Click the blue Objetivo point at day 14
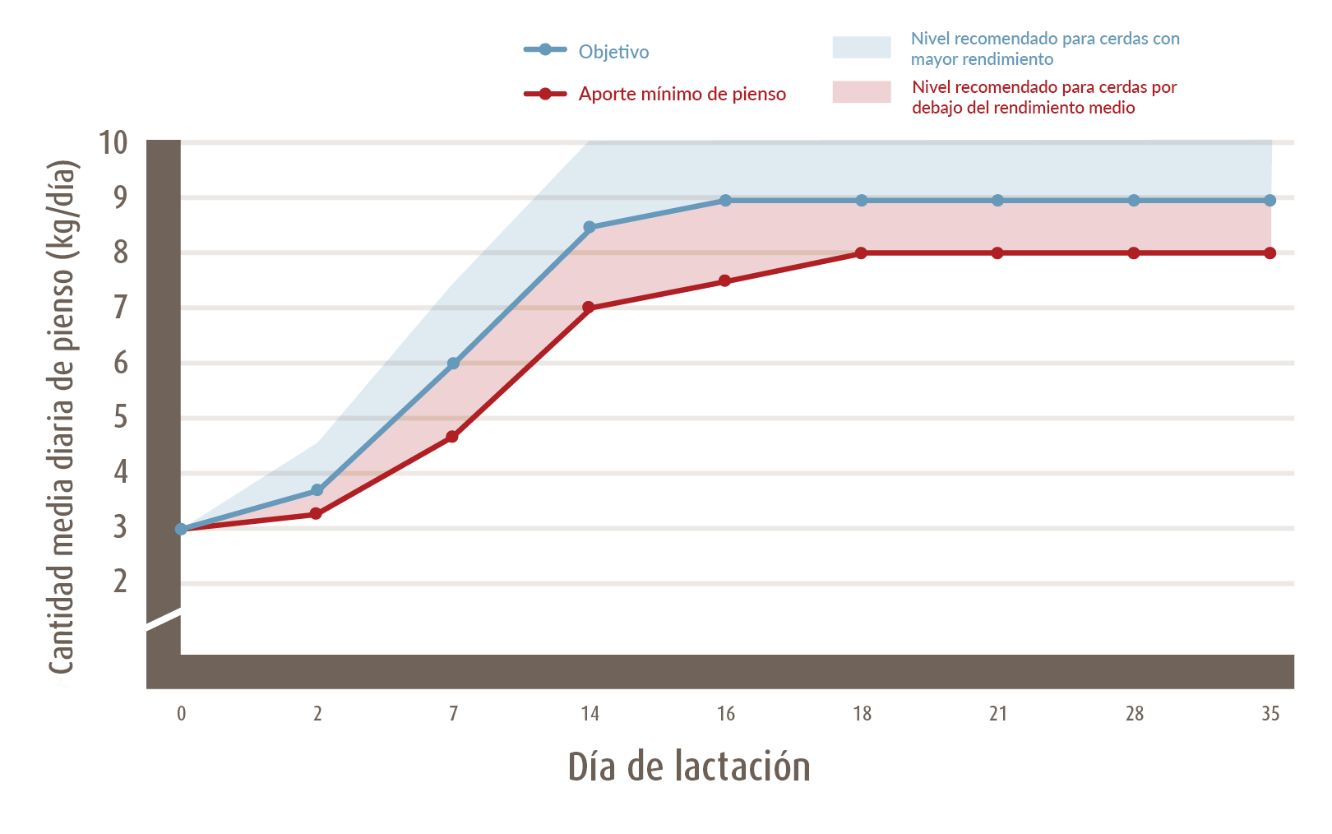tap(590, 227)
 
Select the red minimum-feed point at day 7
tap(452, 437)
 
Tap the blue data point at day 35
tap(1270, 201)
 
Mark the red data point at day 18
tap(861, 253)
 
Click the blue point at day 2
tap(317, 490)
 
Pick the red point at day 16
tap(724, 281)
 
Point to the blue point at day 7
tap(453, 364)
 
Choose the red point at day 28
tap(1134, 253)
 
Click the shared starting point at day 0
tap(181, 529)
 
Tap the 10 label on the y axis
tap(113, 142)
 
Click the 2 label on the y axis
tap(121, 581)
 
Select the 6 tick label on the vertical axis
tap(121, 362)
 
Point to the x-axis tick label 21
tap(997, 713)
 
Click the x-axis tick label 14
tap(590, 713)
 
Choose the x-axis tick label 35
tap(1270, 713)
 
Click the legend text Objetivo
tap(613, 52)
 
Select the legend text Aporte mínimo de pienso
tap(682, 94)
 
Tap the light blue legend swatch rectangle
tap(861, 48)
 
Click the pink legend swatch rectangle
tap(861, 92)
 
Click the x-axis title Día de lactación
tap(689, 766)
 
